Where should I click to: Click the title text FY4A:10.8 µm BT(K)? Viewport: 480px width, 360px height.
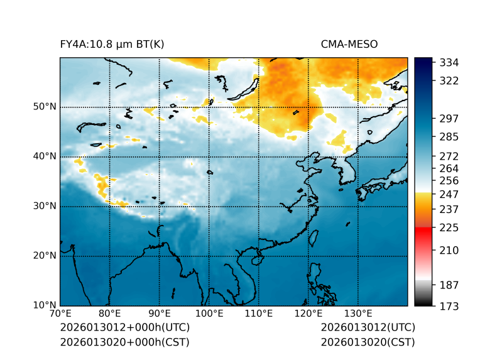[x=112, y=44]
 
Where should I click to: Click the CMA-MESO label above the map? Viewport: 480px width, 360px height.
[x=349, y=44]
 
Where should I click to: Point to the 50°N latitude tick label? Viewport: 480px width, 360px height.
[x=45, y=107]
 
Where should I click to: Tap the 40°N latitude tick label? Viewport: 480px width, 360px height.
[x=45, y=156]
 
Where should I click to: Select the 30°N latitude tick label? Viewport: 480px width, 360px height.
[x=45, y=206]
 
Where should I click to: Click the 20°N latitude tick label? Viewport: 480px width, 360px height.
[x=45, y=256]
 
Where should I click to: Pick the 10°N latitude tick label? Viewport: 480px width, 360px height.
[x=45, y=305]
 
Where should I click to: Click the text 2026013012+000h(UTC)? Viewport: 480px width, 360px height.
[x=124, y=328]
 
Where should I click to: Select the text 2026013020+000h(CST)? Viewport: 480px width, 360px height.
[x=124, y=342]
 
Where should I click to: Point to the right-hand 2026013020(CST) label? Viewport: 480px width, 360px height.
[x=368, y=342]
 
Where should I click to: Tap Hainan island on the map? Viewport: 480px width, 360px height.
[x=256, y=259]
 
